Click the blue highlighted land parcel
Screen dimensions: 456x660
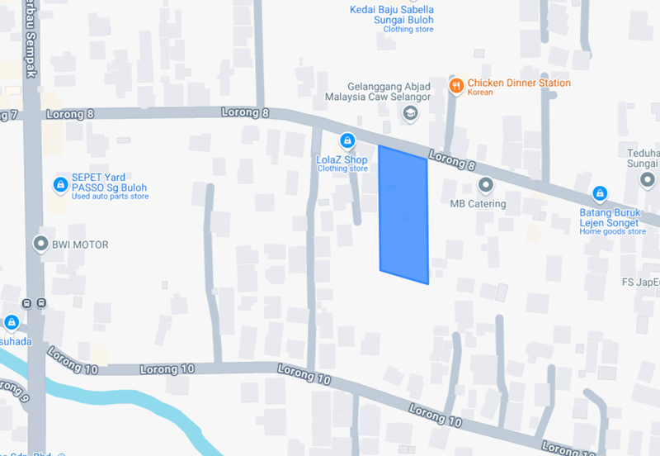click(403, 215)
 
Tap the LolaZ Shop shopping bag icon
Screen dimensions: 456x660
click(348, 140)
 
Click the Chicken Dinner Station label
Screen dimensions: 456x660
click(519, 83)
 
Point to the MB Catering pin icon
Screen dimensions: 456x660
click(485, 185)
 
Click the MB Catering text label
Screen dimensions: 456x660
click(478, 203)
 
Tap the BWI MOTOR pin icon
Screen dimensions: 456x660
click(40, 244)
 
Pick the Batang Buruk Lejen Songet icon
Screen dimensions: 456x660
click(600, 195)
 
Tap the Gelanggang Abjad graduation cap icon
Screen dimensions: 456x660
click(410, 116)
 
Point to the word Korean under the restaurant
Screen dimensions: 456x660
click(480, 93)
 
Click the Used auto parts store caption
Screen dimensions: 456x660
click(110, 197)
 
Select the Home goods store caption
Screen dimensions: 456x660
click(612, 232)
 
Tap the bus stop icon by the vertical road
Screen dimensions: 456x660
click(33, 303)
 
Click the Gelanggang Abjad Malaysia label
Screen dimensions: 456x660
click(389, 91)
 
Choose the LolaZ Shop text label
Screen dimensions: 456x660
click(342, 159)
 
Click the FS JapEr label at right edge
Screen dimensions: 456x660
click(641, 282)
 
